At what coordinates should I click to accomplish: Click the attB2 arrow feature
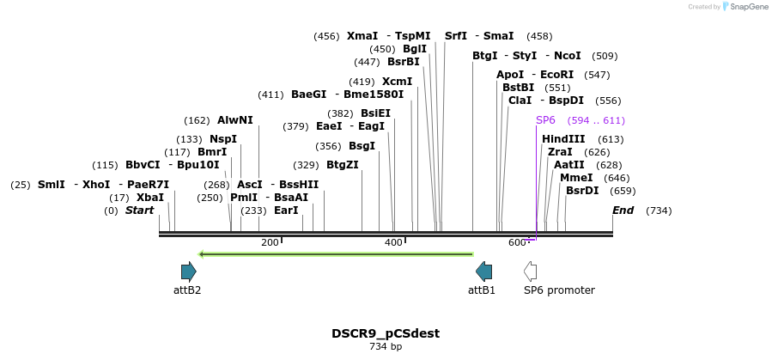(188, 272)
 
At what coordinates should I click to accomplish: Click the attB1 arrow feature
(484, 272)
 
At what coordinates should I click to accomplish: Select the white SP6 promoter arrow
(531, 272)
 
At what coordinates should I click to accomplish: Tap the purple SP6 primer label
(545, 120)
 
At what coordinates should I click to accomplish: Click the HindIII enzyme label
(563, 139)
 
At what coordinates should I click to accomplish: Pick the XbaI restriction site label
(150, 198)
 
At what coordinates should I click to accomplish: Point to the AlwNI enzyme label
(235, 120)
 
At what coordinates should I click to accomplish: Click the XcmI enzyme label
(397, 82)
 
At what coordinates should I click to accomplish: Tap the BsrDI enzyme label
(582, 191)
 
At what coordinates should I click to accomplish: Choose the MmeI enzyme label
(576, 178)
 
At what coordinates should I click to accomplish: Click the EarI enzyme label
(286, 211)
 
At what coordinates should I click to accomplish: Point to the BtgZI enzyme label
(343, 165)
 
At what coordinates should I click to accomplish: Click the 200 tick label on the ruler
(270, 243)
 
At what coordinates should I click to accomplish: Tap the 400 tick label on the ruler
(393, 243)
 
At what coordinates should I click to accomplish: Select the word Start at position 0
(140, 211)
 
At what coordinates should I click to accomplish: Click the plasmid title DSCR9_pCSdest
(386, 333)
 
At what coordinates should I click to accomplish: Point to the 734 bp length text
(386, 347)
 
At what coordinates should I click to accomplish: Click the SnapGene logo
(744, 7)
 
